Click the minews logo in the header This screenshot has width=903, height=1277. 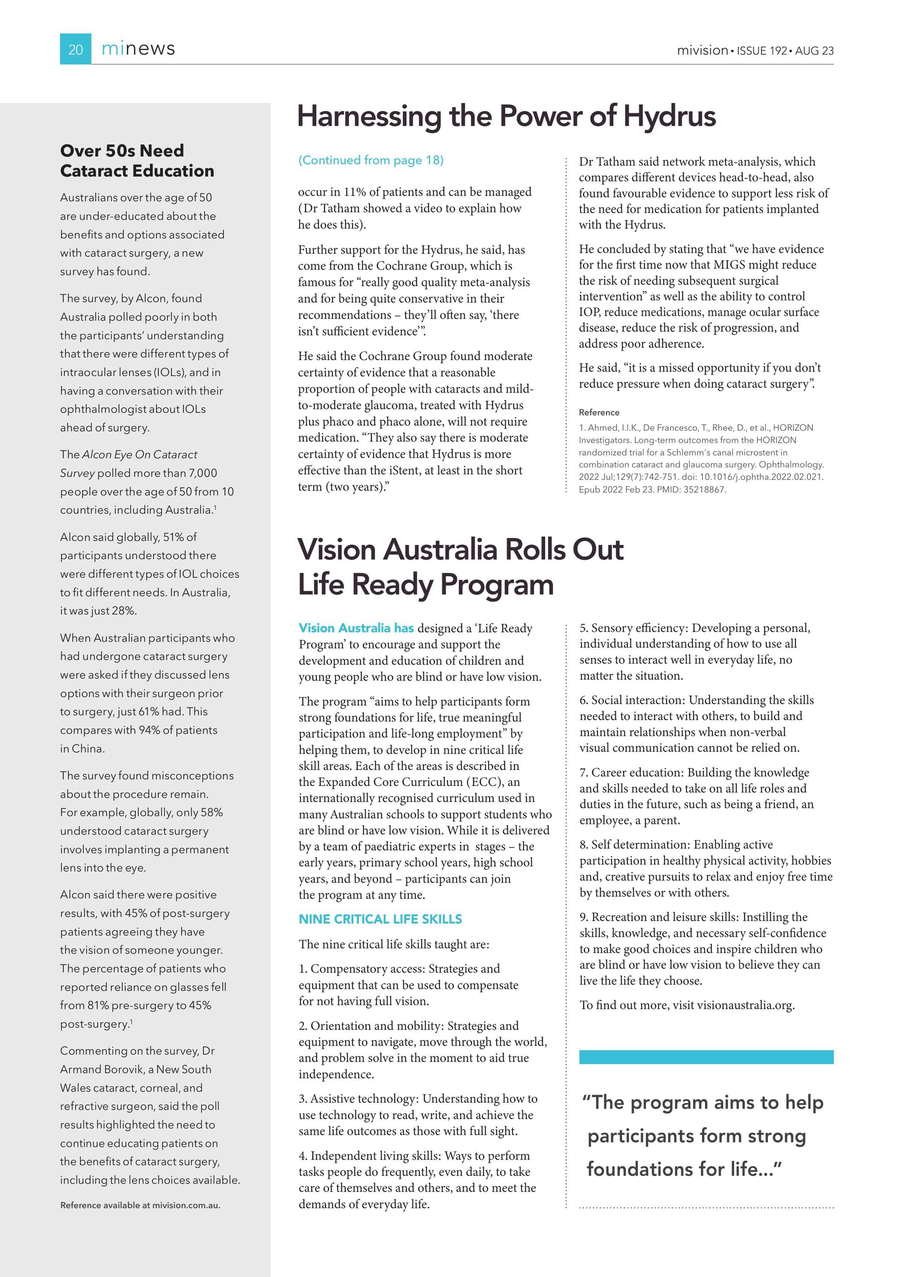coord(138,49)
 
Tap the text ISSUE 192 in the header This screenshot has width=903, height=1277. coord(762,50)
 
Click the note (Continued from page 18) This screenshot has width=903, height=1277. coord(371,160)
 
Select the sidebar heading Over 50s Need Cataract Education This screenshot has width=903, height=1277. coord(137,160)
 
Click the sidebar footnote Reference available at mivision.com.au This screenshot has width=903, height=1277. coord(140,1205)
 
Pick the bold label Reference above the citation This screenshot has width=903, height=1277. coord(599,412)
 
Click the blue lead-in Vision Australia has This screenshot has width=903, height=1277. coord(356,628)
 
